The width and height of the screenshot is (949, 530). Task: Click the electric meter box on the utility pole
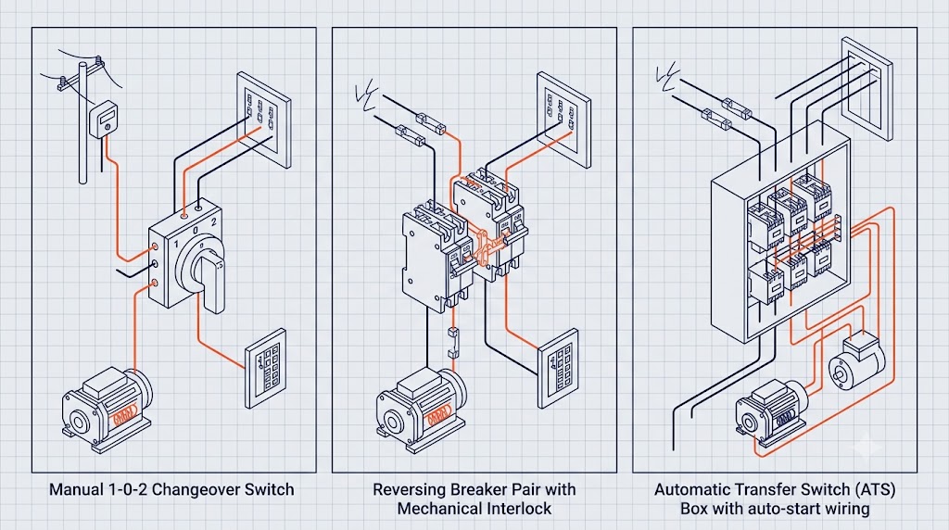coord(104,120)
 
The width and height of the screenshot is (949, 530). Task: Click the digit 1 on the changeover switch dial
coord(176,245)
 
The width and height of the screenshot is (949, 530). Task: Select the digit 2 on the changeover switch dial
coord(213,222)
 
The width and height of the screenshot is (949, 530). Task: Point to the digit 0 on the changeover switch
coord(196,231)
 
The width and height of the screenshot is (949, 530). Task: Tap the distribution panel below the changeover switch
coord(266,369)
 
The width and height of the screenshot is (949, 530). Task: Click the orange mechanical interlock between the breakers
coord(486,248)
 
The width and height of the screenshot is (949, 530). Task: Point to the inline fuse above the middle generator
coord(452,344)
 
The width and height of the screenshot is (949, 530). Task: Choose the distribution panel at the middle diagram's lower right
coord(559,369)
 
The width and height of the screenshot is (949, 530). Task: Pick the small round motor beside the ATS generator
coord(856,361)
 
